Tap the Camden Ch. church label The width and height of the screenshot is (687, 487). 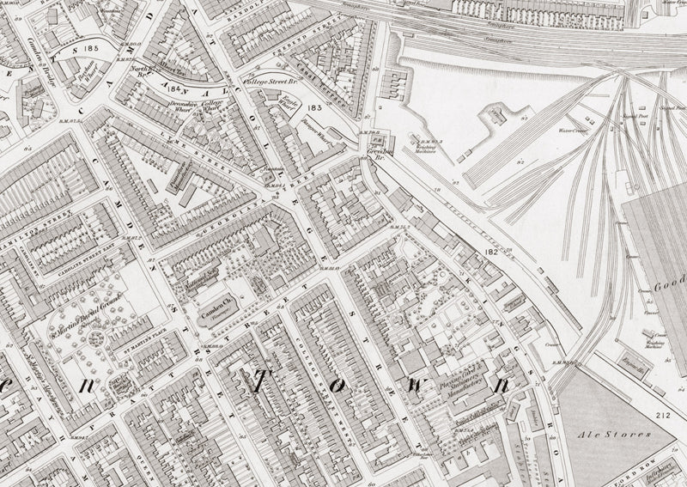pos(217,307)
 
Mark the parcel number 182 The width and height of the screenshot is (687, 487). pos(491,252)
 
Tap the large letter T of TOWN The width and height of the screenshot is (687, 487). pos(257,385)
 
